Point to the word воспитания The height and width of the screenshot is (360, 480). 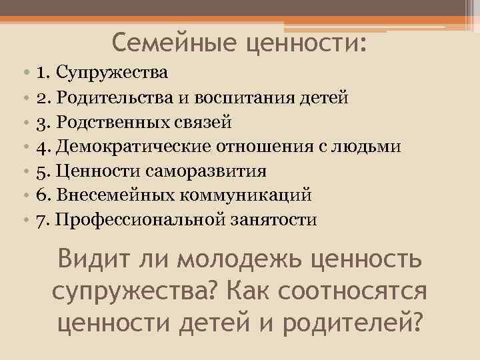pyautogui.click(x=257, y=97)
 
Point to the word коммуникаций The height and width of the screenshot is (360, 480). pyautogui.click(x=241, y=195)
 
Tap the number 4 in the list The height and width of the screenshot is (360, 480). pyautogui.click(x=41, y=147)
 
